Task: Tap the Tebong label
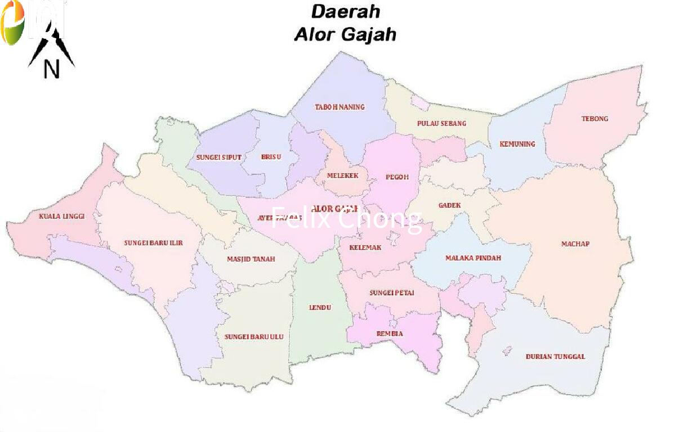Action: coord(595,119)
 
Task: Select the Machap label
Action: coord(575,244)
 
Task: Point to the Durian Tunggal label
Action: coord(555,357)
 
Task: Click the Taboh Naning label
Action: coord(340,107)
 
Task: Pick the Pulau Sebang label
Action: coord(441,123)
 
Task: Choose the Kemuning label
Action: coord(517,144)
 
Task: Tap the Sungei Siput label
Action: coord(218,157)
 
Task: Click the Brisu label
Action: coord(271,157)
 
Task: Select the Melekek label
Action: coord(342,176)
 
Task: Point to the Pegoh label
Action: coord(397,177)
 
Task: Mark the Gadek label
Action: coord(449,205)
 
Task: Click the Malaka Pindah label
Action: coord(473,258)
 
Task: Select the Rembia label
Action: coord(390,334)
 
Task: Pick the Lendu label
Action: coord(320,308)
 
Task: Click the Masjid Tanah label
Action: coord(251,259)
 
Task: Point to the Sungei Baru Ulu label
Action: coord(254,337)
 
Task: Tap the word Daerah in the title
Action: coord(345,11)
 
